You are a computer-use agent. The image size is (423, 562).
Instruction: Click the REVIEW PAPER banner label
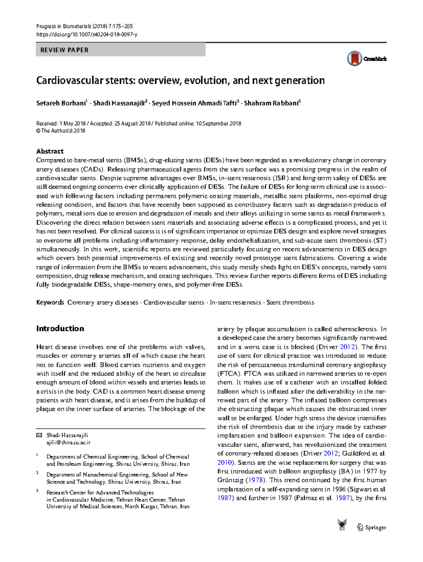[65, 50]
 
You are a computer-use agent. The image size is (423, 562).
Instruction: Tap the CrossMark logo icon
[355, 59]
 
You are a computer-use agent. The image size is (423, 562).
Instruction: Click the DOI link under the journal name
[86, 35]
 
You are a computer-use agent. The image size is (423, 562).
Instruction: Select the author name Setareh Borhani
[61, 103]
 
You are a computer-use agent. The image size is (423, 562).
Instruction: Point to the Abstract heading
[50, 151]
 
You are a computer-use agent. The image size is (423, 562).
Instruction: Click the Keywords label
[50, 302]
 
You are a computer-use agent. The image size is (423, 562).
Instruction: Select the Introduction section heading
[60, 328]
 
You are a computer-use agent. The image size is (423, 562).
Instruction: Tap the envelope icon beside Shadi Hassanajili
[39, 435]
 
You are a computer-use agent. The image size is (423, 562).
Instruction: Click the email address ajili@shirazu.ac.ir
[68, 442]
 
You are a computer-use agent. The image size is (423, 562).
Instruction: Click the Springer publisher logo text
[375, 527]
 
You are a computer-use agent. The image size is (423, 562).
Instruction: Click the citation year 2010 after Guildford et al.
[225, 463]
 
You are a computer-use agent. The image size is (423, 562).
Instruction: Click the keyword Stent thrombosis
[290, 302]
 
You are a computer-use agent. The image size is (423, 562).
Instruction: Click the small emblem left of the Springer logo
[342, 525]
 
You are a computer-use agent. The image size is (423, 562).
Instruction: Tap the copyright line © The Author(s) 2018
[61, 131]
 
